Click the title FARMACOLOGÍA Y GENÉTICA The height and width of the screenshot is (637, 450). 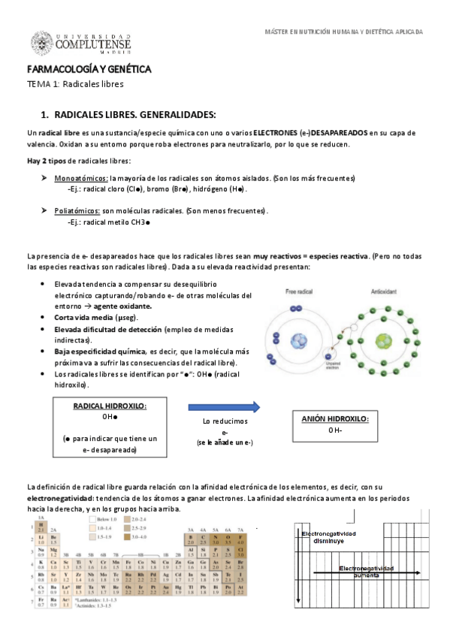point(89,70)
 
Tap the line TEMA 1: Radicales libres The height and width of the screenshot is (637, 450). point(75,84)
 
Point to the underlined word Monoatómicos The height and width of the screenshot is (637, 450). point(80,178)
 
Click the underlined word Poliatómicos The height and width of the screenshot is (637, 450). point(78,212)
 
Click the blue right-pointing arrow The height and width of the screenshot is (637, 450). point(224,407)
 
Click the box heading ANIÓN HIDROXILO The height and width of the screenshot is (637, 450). point(335,419)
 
